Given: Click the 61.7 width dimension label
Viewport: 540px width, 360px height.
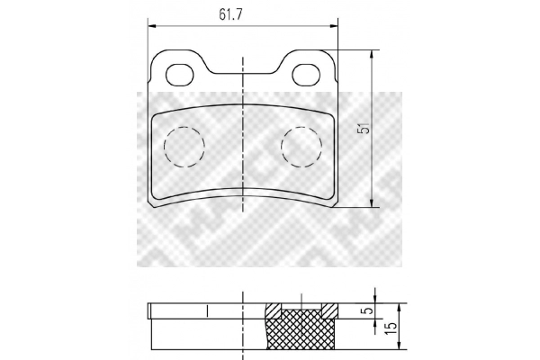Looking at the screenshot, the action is coord(230,14).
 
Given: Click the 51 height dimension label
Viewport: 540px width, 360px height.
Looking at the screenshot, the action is coord(364,128).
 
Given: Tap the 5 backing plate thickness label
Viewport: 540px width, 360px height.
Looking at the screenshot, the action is coord(368,310).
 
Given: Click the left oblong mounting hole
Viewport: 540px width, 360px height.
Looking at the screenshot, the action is coord(180,75).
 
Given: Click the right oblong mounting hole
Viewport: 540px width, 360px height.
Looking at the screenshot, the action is coord(307,75).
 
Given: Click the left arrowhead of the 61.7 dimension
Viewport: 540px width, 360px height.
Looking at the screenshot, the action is coord(152,26).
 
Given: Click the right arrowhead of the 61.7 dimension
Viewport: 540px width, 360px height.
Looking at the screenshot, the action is coord(334,26).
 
